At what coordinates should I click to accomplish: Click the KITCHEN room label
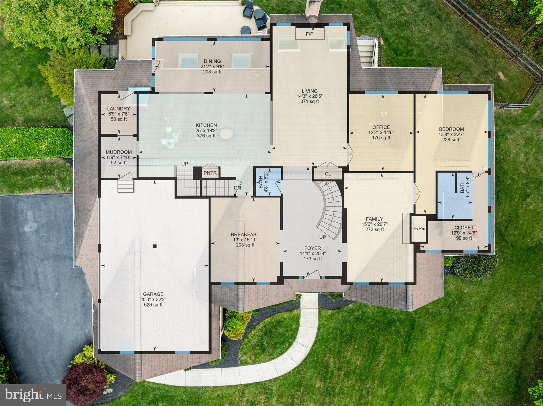pyautogui.click(x=206, y=125)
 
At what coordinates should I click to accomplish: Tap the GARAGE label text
pyautogui.click(x=153, y=294)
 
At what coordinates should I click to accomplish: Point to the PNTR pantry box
pyautogui.click(x=210, y=174)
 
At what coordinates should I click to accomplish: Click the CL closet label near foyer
pyautogui.click(x=328, y=174)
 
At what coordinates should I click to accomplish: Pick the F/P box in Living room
pyautogui.click(x=309, y=34)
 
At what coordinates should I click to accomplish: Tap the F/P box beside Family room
pyautogui.click(x=418, y=229)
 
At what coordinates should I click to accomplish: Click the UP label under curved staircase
pyautogui.click(x=322, y=237)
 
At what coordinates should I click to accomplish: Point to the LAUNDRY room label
pyautogui.click(x=119, y=109)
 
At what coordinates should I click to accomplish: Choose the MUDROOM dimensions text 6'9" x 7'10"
pyautogui.click(x=119, y=157)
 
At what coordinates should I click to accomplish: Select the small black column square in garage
pyautogui.click(x=155, y=246)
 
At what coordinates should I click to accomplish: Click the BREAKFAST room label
pyautogui.click(x=245, y=234)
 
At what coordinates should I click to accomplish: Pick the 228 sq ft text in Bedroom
pyautogui.click(x=451, y=140)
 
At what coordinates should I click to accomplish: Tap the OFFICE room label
pyautogui.click(x=381, y=127)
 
